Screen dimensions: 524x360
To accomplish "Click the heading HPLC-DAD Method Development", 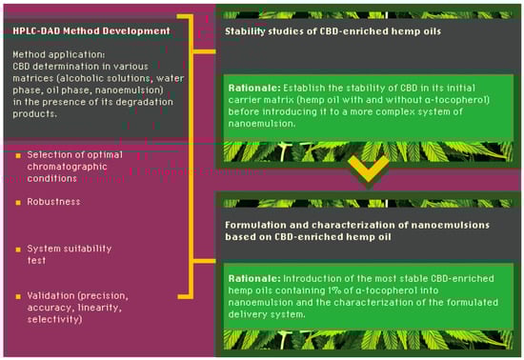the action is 91,31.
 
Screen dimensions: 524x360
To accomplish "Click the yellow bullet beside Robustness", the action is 18,202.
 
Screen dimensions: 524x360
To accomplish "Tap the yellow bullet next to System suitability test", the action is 18,250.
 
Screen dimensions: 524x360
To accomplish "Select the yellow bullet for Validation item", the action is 18,296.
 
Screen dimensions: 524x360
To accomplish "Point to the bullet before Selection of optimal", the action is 18,155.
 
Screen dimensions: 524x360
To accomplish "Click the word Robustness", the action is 53,202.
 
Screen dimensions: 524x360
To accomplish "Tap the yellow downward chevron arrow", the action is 369,169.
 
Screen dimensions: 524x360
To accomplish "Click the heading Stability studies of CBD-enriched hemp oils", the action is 333,31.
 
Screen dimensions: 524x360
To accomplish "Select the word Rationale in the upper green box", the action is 254,89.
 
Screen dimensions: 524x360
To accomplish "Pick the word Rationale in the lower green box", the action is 254,278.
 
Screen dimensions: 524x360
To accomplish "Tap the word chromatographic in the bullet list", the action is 68,167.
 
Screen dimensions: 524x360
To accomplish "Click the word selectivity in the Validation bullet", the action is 54,319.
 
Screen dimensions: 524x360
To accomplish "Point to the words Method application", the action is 58,55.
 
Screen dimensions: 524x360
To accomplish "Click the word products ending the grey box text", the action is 34,114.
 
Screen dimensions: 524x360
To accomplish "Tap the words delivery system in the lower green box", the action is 267,314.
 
